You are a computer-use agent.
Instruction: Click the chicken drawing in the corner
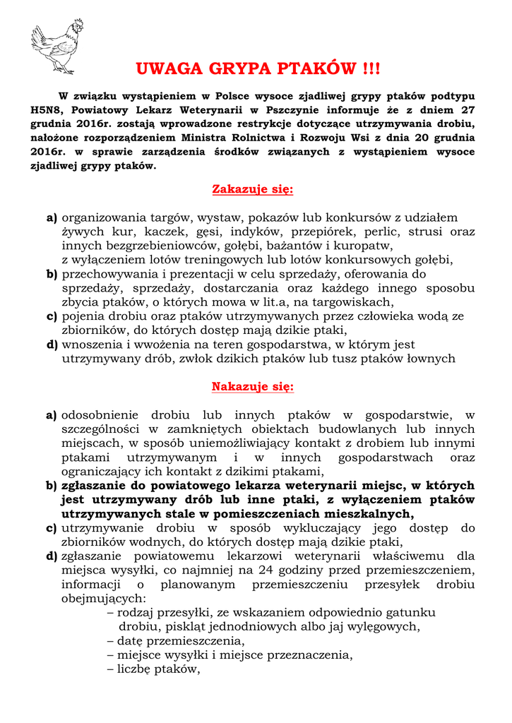56,45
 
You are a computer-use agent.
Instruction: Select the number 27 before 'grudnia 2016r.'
467,110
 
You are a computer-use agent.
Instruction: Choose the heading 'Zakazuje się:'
253,189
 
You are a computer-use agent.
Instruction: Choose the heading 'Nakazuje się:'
253,387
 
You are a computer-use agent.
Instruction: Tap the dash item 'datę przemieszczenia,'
176,640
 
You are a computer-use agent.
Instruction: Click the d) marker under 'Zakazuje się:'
52,345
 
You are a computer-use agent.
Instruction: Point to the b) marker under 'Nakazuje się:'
52,486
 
